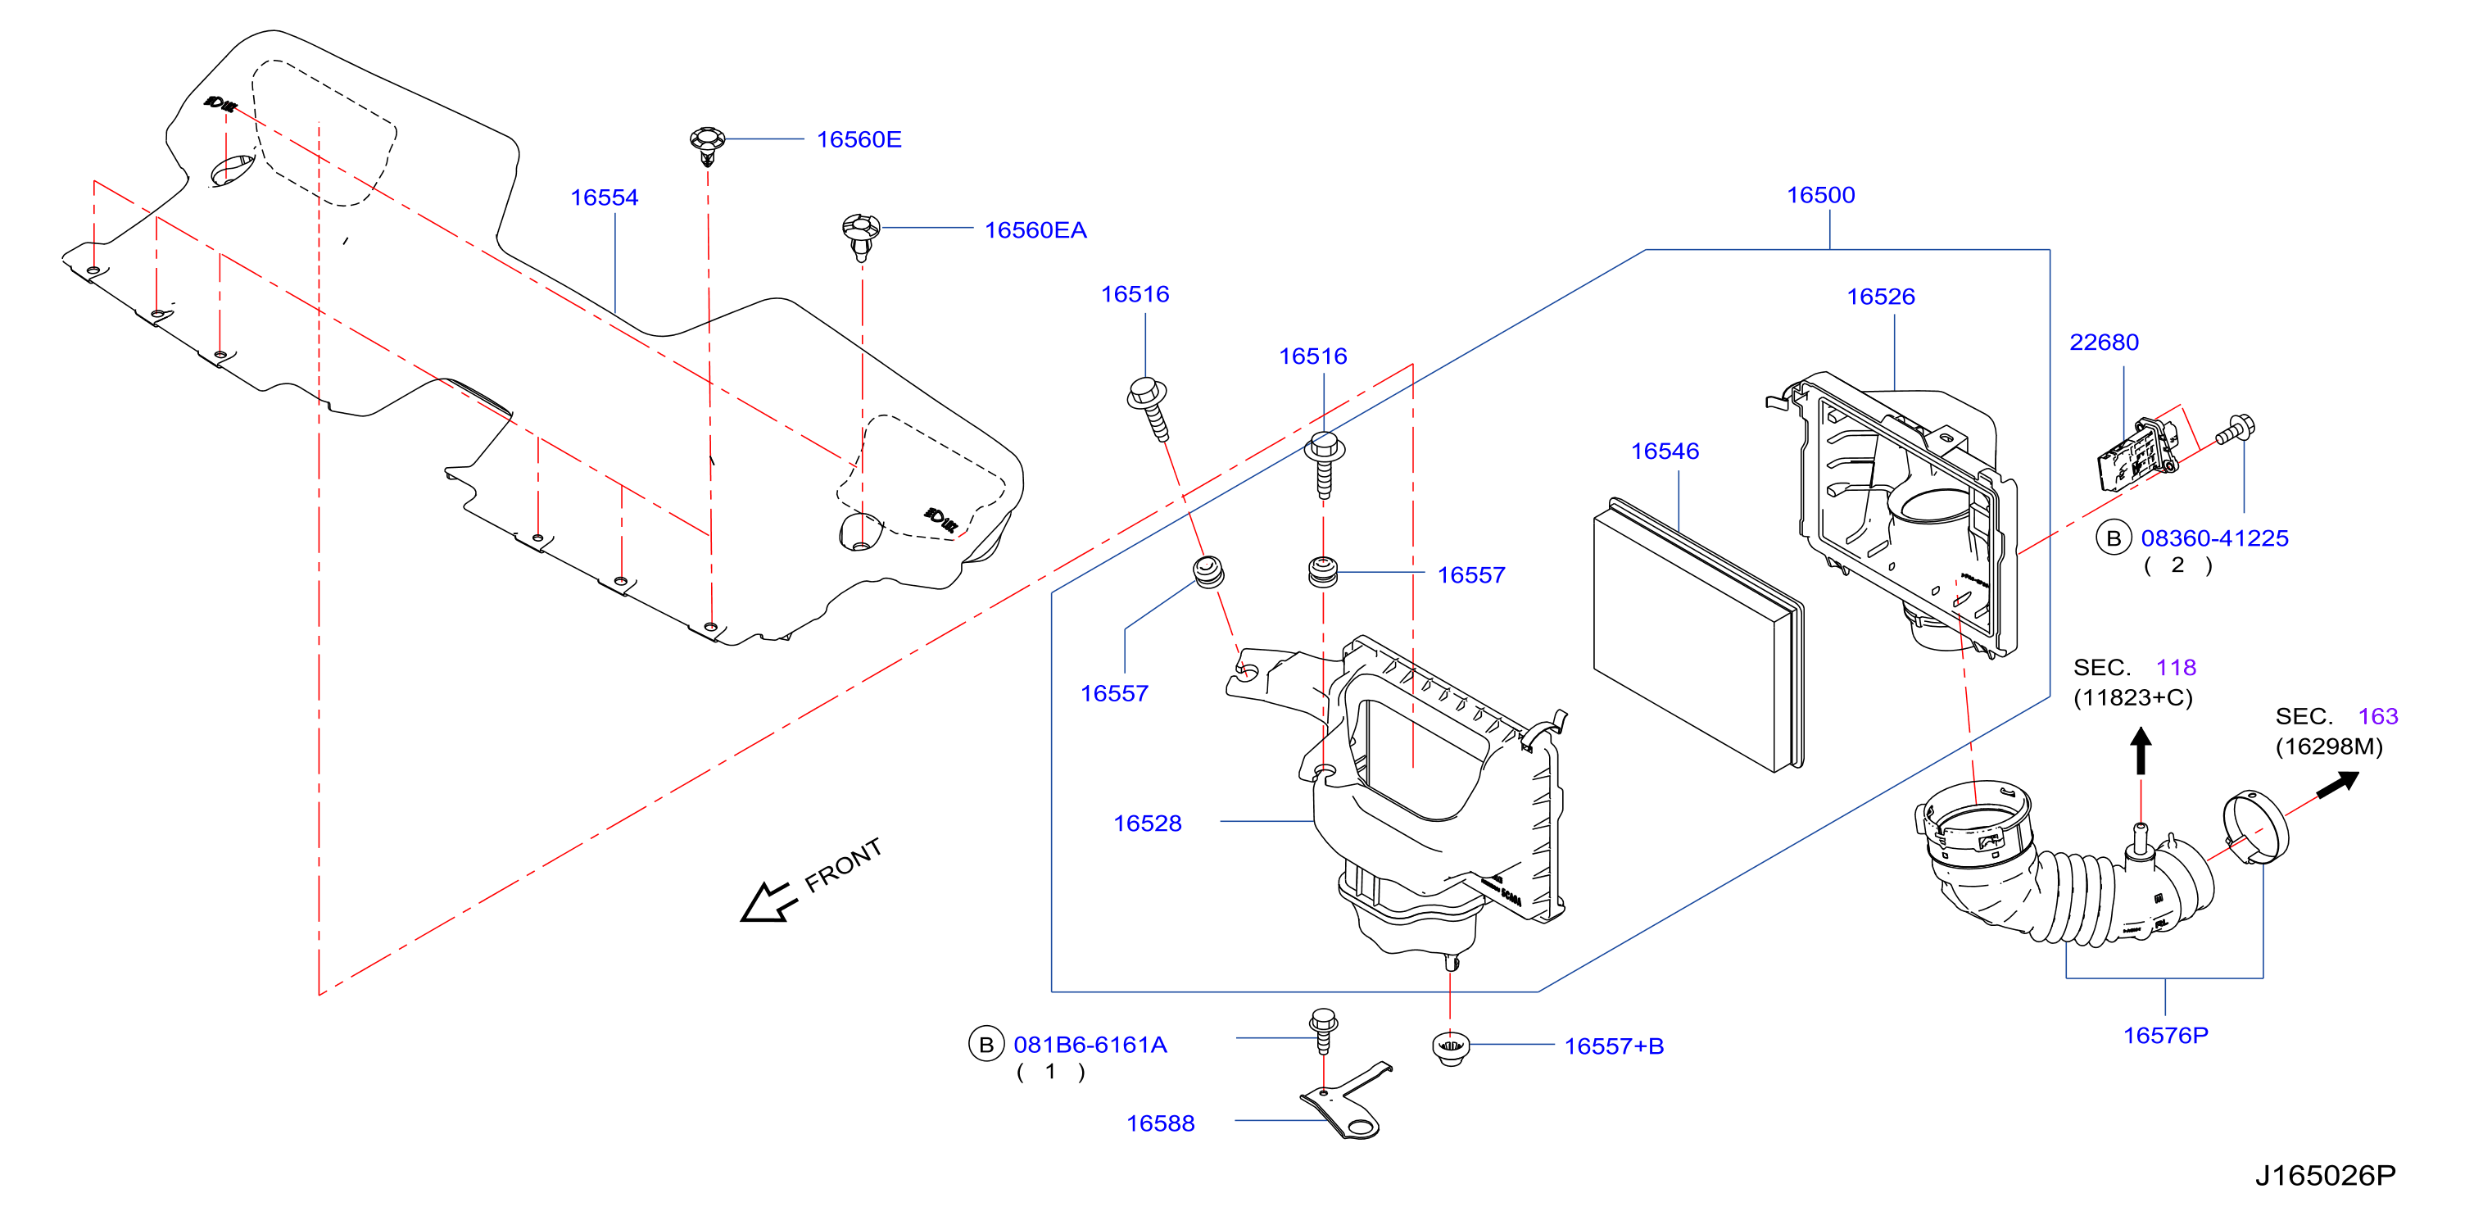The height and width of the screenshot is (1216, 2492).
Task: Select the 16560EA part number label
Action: click(x=1035, y=230)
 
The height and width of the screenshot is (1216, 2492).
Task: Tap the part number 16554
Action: click(x=604, y=197)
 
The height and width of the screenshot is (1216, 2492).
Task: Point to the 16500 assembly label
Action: click(x=1819, y=194)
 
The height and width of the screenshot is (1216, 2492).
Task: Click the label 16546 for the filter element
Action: click(x=1664, y=451)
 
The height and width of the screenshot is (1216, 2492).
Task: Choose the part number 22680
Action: click(x=2103, y=342)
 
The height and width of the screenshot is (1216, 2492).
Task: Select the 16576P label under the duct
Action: click(x=2165, y=1035)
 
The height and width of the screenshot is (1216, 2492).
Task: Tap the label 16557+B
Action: click(x=1614, y=1046)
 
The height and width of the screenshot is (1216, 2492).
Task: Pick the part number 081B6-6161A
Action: click(x=1090, y=1045)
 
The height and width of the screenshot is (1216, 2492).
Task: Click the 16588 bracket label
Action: click(x=1160, y=1123)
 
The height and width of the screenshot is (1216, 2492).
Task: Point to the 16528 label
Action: click(x=1148, y=824)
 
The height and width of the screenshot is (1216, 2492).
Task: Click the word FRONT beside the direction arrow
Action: click(x=843, y=864)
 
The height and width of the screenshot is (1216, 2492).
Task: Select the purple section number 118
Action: click(x=2176, y=668)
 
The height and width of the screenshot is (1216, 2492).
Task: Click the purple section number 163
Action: click(x=2378, y=716)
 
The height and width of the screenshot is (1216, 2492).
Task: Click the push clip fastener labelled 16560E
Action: click(x=707, y=145)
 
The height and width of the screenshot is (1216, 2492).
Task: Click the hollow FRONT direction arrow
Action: click(x=768, y=902)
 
